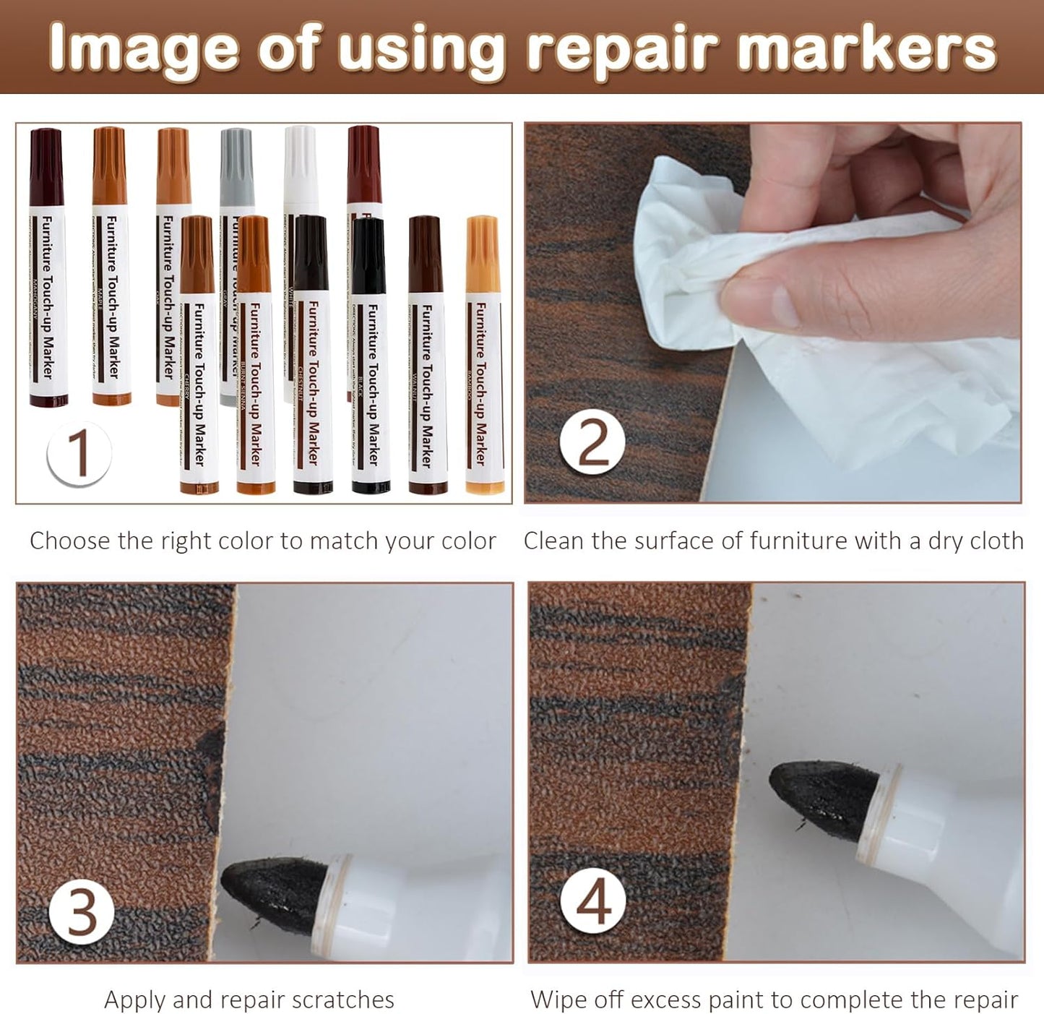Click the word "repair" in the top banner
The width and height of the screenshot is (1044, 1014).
[x=622, y=49]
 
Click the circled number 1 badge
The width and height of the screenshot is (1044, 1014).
[x=79, y=454]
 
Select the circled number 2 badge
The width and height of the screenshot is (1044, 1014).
[x=592, y=443]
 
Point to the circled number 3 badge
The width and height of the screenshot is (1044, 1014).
[x=82, y=912]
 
